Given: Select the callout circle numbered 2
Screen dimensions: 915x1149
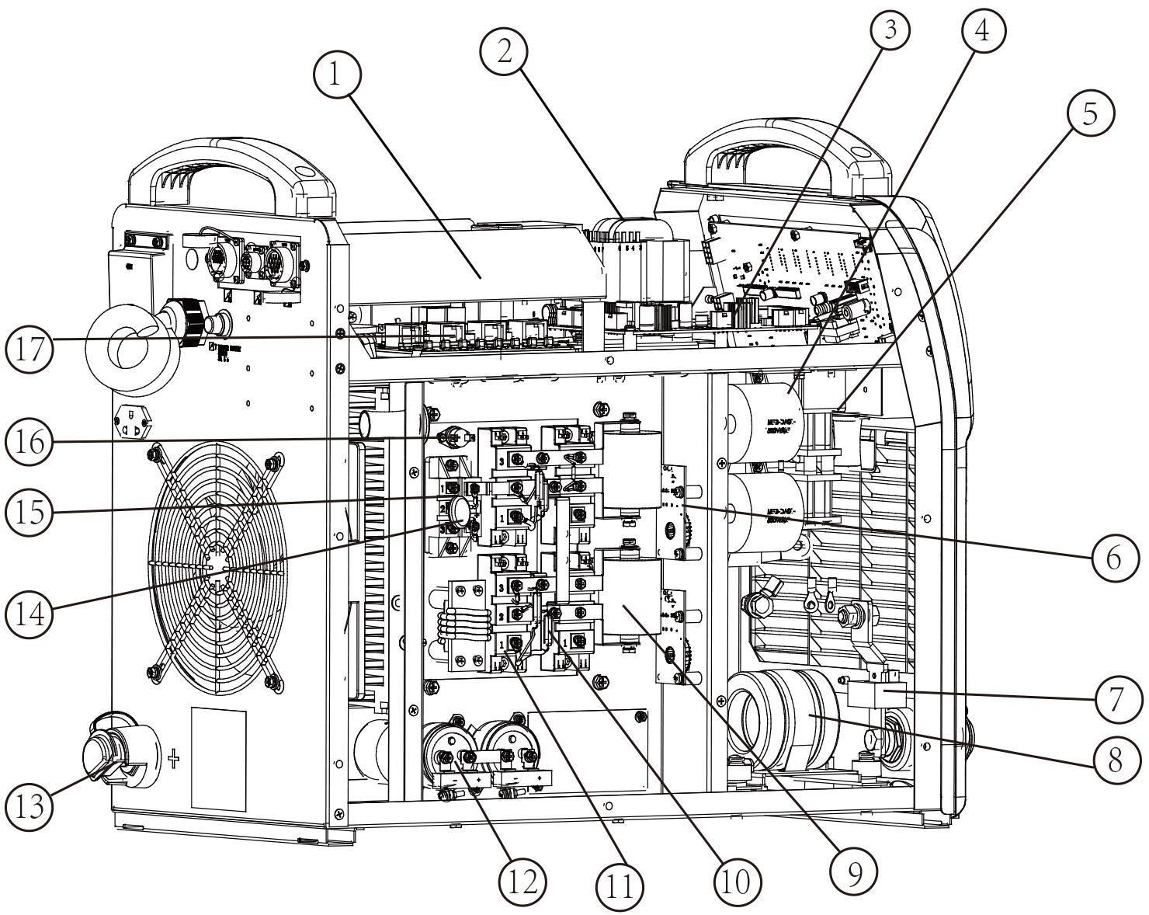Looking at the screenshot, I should tap(504, 51).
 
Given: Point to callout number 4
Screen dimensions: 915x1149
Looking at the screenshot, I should tap(983, 30).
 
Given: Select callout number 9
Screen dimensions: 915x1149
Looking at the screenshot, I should tap(854, 874).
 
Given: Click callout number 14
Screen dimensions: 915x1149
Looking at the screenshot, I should tap(30, 614).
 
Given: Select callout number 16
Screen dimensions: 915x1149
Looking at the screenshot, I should tap(30, 443).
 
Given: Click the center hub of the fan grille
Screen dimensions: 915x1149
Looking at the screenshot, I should tap(219, 569).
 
